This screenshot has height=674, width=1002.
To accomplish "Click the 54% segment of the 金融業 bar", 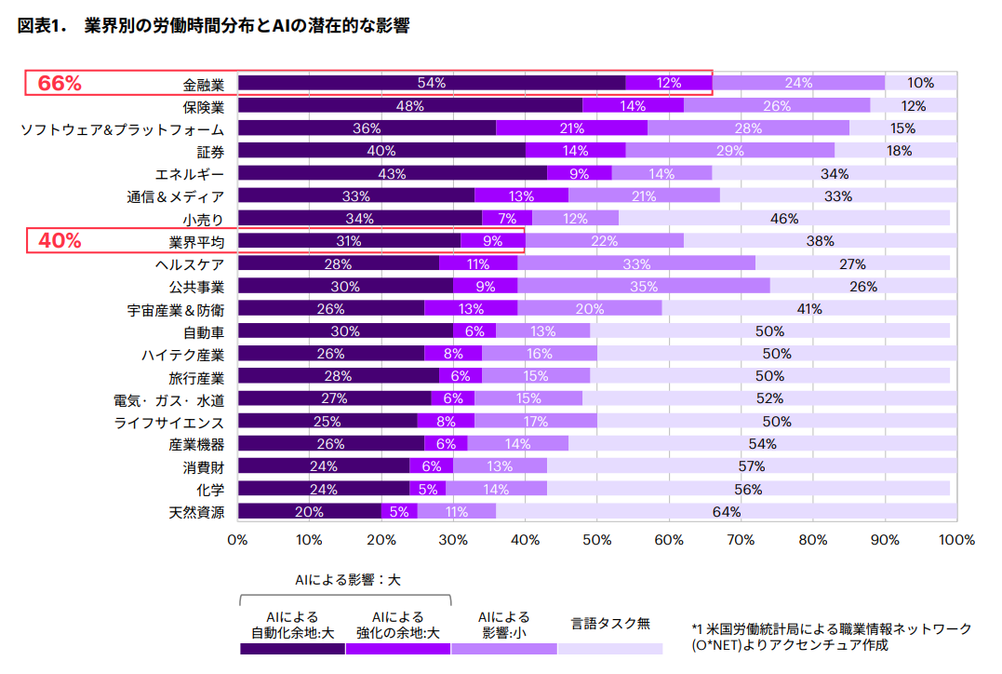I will [x=432, y=83].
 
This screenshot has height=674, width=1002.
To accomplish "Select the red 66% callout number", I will [x=60, y=84].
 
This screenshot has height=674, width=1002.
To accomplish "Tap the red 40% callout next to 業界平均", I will [x=60, y=240].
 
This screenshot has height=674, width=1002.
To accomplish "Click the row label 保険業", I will [x=203, y=106].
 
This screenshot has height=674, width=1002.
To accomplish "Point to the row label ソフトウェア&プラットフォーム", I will [x=122, y=128].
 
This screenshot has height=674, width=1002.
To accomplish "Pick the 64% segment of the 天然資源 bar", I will [x=726, y=511].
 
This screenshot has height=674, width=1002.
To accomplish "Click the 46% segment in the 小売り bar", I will [x=783, y=218].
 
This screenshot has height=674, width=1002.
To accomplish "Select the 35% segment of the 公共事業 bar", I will [x=643, y=286].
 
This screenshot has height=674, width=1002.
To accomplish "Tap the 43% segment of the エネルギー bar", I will [x=392, y=173].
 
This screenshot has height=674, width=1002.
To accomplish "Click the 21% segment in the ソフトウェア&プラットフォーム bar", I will [x=571, y=128].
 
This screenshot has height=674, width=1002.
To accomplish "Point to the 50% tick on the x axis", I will [x=596, y=540].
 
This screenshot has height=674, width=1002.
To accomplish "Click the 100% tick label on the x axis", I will [x=955, y=540].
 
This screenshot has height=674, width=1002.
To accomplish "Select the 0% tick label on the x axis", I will [x=238, y=540].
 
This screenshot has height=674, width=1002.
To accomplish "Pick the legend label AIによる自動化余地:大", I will [x=292, y=625].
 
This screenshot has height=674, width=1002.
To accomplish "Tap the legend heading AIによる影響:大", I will [x=347, y=579].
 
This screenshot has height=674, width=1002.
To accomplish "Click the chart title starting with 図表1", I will [x=214, y=26].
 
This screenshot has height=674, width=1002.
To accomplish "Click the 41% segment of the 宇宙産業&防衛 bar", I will [x=808, y=308].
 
